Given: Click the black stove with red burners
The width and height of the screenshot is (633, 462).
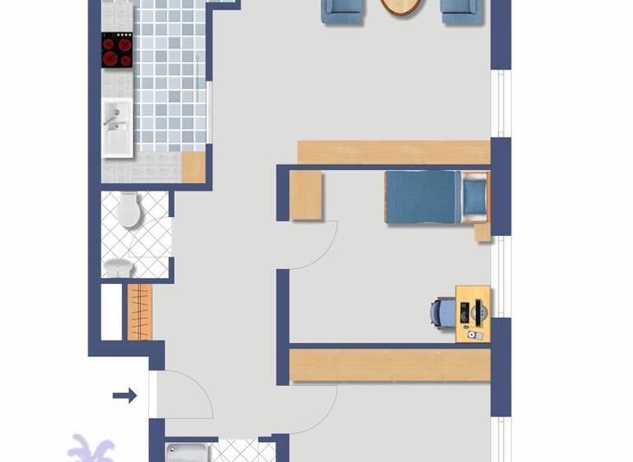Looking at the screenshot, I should pyautogui.click(x=117, y=50).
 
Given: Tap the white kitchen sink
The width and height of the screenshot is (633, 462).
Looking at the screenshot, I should pyautogui.click(x=117, y=128).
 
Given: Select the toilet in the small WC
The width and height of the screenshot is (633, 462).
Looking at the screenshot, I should pyautogui.click(x=129, y=210).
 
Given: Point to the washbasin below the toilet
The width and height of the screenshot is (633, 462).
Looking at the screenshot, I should pyautogui.click(x=120, y=268).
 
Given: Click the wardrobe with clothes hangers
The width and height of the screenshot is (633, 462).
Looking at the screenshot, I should pyautogui.click(x=140, y=312).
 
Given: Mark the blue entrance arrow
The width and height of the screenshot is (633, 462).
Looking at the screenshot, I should pyautogui.click(x=124, y=396).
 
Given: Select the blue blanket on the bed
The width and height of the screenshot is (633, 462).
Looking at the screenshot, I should pyautogui.click(x=423, y=197).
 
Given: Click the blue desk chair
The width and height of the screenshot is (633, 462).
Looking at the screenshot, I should pyautogui.click(x=441, y=313).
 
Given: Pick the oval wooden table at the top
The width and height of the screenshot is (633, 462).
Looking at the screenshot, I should pyautogui.click(x=402, y=7).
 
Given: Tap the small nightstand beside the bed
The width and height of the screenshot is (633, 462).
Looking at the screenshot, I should pyautogui.click(x=483, y=232).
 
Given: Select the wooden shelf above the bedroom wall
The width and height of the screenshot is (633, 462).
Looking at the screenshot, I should pyautogui.click(x=393, y=152).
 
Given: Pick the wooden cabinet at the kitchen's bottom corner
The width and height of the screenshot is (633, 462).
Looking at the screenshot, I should pyautogui.click(x=194, y=167).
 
